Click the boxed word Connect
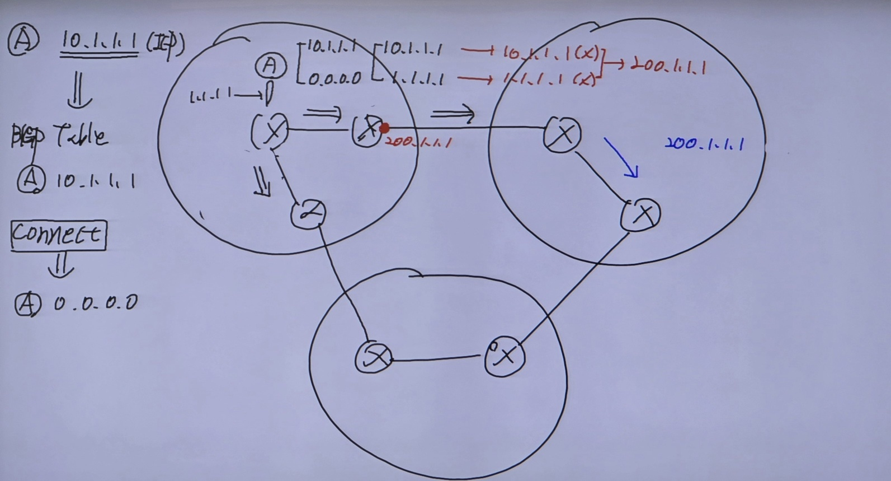pos(58,235)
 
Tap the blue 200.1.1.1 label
pos(704,144)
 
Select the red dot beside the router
pos(384,129)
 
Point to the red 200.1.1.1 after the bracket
pos(668,67)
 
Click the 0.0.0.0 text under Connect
pos(96,303)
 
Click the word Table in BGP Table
pos(81,136)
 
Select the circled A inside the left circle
pos(270,67)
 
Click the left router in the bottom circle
pos(374,357)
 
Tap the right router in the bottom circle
pos(505,356)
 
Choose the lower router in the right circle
pos(641,214)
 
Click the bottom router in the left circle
pos(308,213)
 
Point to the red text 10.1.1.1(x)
pos(551,54)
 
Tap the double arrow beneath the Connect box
pos(61,265)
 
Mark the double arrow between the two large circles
pos(452,115)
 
